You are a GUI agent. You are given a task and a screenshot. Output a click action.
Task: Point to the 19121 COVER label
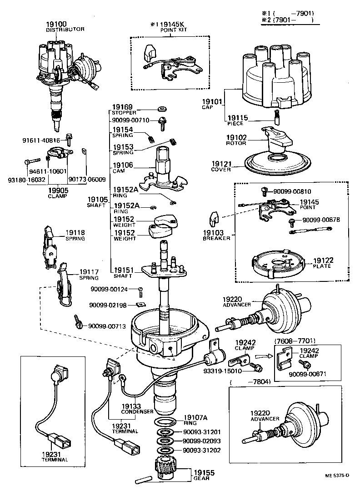coord(221,166)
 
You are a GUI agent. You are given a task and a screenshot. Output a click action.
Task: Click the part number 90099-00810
coord(293,191)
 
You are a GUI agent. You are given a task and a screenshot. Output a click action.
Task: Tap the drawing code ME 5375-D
coord(337,476)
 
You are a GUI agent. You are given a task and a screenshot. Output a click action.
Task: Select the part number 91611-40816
coord(47,140)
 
